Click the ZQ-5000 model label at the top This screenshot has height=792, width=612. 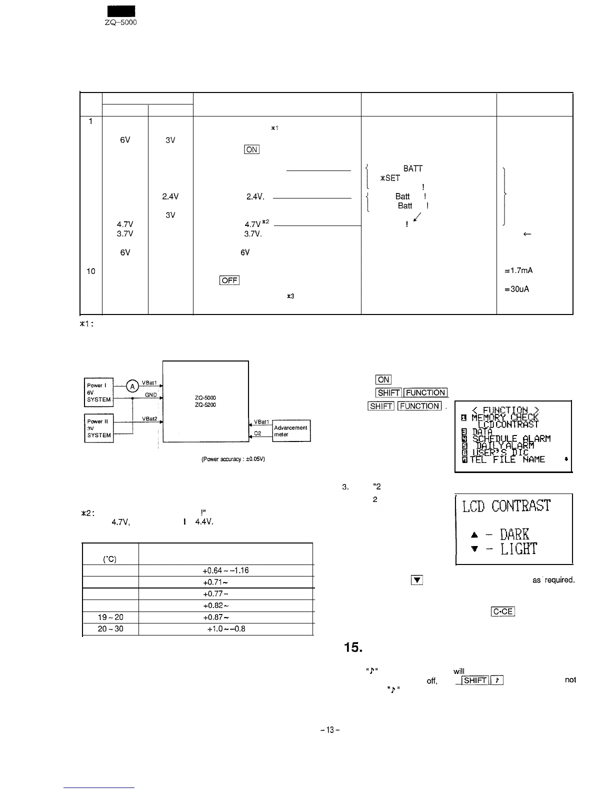120,22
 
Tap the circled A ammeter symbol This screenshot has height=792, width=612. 132,386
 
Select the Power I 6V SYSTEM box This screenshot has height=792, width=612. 99,392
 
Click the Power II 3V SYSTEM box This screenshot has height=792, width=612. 99,428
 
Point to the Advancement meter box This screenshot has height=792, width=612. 291,431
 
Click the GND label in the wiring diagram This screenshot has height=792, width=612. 151,394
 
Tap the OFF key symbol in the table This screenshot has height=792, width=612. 229,280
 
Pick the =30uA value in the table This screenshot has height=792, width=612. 517,289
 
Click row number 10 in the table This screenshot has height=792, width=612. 90,271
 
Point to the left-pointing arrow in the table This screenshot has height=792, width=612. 526,233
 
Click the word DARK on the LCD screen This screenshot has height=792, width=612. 518,533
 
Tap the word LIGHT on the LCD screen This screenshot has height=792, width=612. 520,549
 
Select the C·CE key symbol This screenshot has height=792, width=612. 503,612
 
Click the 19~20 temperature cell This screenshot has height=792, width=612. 110,617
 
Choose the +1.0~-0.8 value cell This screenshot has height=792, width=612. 225,629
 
